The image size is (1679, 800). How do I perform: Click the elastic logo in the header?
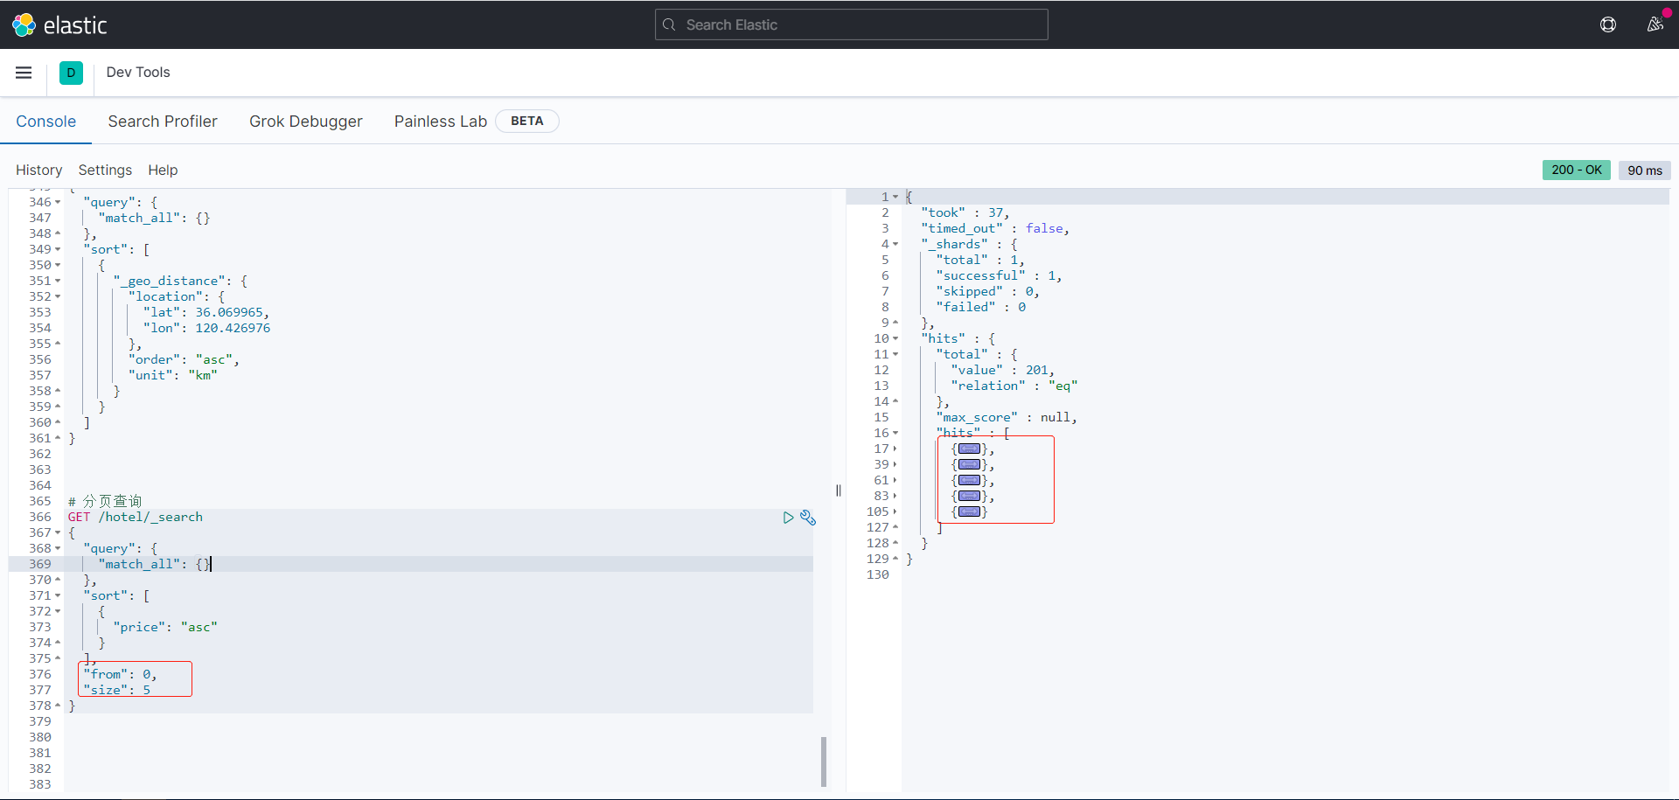(59, 24)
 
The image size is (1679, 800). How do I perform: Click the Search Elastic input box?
(851, 24)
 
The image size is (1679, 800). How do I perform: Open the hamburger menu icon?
(24, 73)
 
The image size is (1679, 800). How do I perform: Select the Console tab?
(45, 122)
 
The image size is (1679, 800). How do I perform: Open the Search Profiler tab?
(163, 122)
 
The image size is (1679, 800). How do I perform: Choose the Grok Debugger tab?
(305, 122)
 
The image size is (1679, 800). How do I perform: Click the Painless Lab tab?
(440, 122)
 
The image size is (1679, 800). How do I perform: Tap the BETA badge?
(526, 121)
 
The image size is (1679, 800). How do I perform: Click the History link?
(38, 170)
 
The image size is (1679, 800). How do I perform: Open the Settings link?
(105, 170)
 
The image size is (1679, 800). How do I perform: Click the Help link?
(163, 170)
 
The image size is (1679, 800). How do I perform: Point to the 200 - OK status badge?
(1576, 170)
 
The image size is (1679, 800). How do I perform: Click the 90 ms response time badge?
(1644, 170)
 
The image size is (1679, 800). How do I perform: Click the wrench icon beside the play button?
(808, 518)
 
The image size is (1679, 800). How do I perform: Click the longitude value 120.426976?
(233, 328)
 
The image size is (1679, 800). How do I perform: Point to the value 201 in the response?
(1037, 370)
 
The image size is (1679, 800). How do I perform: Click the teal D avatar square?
(71, 73)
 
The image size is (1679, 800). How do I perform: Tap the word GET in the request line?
(79, 517)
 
